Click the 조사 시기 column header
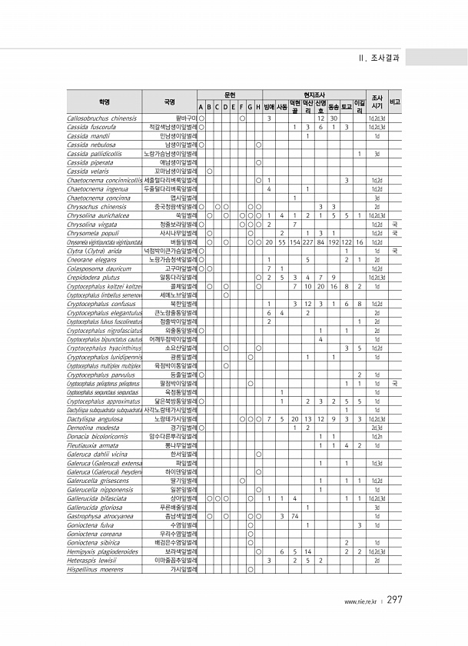(x=377, y=102)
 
